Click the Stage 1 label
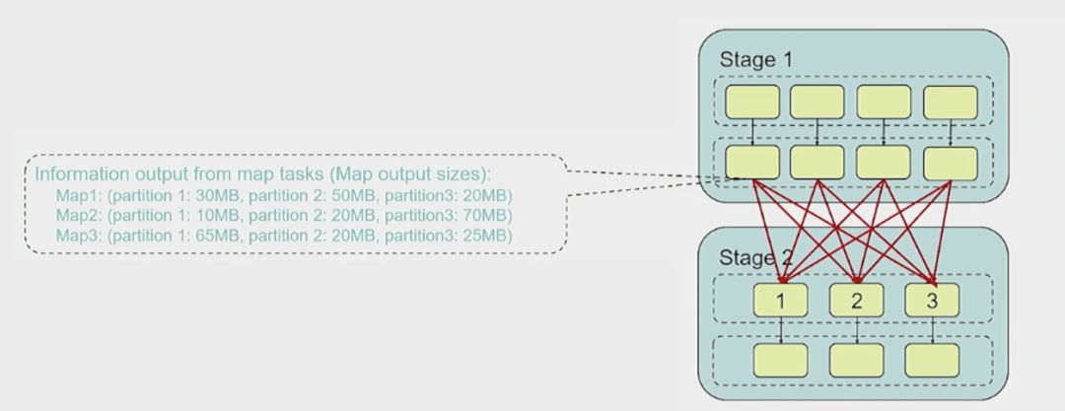click(x=755, y=59)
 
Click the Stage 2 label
click(x=755, y=258)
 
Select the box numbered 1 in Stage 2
click(x=780, y=300)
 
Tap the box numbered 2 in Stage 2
click(x=856, y=300)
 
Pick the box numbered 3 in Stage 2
click(x=932, y=300)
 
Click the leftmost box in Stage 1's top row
click(x=751, y=102)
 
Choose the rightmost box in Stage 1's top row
click(x=951, y=102)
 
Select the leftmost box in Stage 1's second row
click(x=751, y=162)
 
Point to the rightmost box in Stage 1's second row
click(x=951, y=162)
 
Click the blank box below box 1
click(x=780, y=360)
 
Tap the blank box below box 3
click(x=932, y=360)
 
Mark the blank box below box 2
click(x=856, y=360)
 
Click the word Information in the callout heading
click(x=77, y=174)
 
